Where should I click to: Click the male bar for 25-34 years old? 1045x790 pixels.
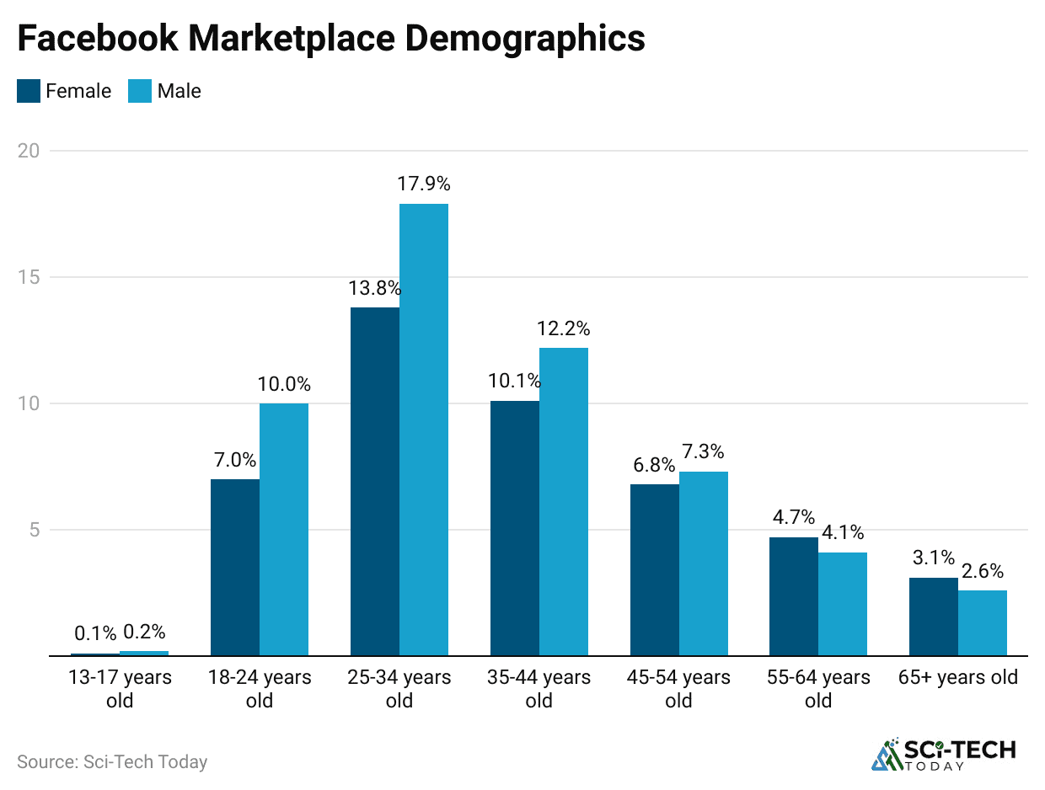pos(424,430)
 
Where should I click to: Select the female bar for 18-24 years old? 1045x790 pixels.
pos(235,567)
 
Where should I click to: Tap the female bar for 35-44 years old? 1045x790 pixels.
pos(515,528)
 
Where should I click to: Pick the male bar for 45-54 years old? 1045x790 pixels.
pos(704,563)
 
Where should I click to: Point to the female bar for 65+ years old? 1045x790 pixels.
pos(934,617)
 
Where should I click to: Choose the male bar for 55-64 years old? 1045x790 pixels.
pos(844,603)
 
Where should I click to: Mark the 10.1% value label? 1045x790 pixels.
pos(514,381)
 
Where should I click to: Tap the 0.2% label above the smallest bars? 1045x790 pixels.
pos(144,632)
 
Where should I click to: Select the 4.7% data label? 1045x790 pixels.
pos(793,517)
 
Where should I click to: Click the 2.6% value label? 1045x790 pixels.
pos(983,571)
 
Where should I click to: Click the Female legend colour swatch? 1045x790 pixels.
pos(29,91)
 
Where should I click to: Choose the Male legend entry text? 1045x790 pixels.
pos(179,91)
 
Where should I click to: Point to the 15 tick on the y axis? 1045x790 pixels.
pos(30,277)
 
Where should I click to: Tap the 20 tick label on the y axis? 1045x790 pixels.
pos(30,151)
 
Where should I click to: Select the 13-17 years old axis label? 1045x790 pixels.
pos(120,688)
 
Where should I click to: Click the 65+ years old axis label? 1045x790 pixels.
pos(958,677)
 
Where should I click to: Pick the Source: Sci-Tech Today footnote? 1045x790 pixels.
pos(112,761)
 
